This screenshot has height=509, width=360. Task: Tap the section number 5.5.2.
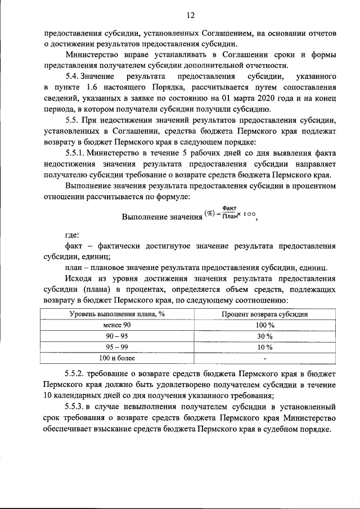pyautogui.click(x=77, y=373)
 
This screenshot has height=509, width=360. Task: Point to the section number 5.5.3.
pyautogui.click(x=77, y=407)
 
